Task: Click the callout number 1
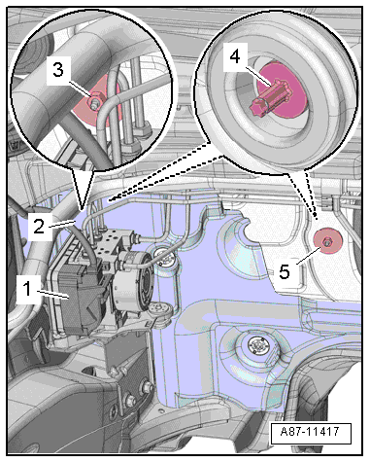pos(28,288)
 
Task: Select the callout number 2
pos(39,227)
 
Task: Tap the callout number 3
pos(58,69)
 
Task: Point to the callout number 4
pos(235,56)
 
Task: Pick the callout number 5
pos(285,271)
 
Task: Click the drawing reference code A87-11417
pos(310,432)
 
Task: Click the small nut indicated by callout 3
pos(94,104)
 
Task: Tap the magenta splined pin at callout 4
pos(271,96)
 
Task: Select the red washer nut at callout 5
pos(326,241)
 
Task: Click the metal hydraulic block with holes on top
pos(109,242)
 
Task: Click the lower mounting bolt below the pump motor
pos(160,310)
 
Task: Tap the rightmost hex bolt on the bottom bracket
pos(148,386)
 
